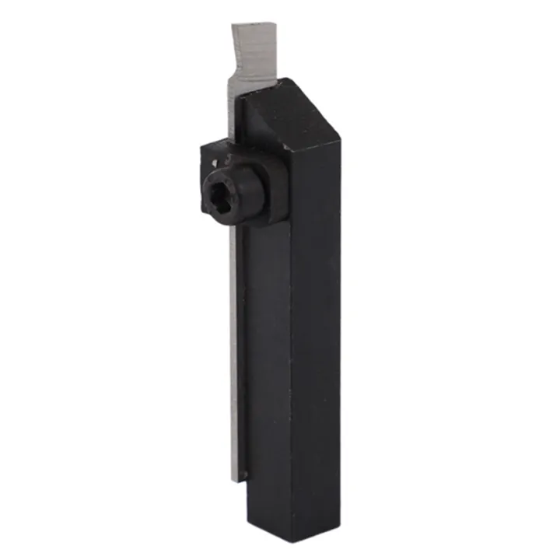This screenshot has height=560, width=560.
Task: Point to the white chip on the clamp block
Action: click(215, 161)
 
